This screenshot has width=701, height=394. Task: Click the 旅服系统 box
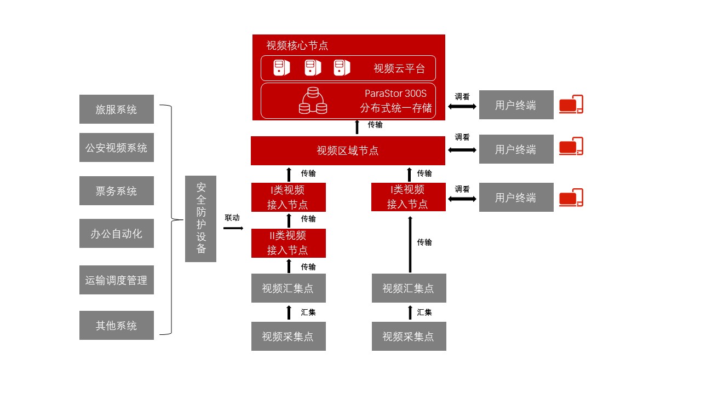[116, 109]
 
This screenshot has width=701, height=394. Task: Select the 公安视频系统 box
[116, 148]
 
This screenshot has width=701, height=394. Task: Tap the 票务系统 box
[116, 191]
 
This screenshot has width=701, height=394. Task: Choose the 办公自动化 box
[116, 234]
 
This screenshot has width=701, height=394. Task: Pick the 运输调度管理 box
[116, 280]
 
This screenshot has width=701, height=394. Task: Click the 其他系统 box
[116, 326]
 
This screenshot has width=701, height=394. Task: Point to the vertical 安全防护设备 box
[200, 219]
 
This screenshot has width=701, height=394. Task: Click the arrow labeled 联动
[233, 228]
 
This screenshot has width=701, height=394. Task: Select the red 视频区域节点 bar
[348, 151]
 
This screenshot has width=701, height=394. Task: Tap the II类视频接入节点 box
[288, 243]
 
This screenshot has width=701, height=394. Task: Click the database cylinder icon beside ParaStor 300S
[313, 101]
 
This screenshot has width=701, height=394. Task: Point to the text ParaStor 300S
[395, 94]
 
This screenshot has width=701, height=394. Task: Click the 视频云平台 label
[399, 68]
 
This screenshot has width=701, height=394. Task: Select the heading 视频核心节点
[297, 45]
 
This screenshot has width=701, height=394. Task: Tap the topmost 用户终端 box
[516, 105]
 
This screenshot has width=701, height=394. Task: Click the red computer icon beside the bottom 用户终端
[571, 198]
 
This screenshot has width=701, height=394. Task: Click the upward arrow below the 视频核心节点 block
[357, 127]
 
